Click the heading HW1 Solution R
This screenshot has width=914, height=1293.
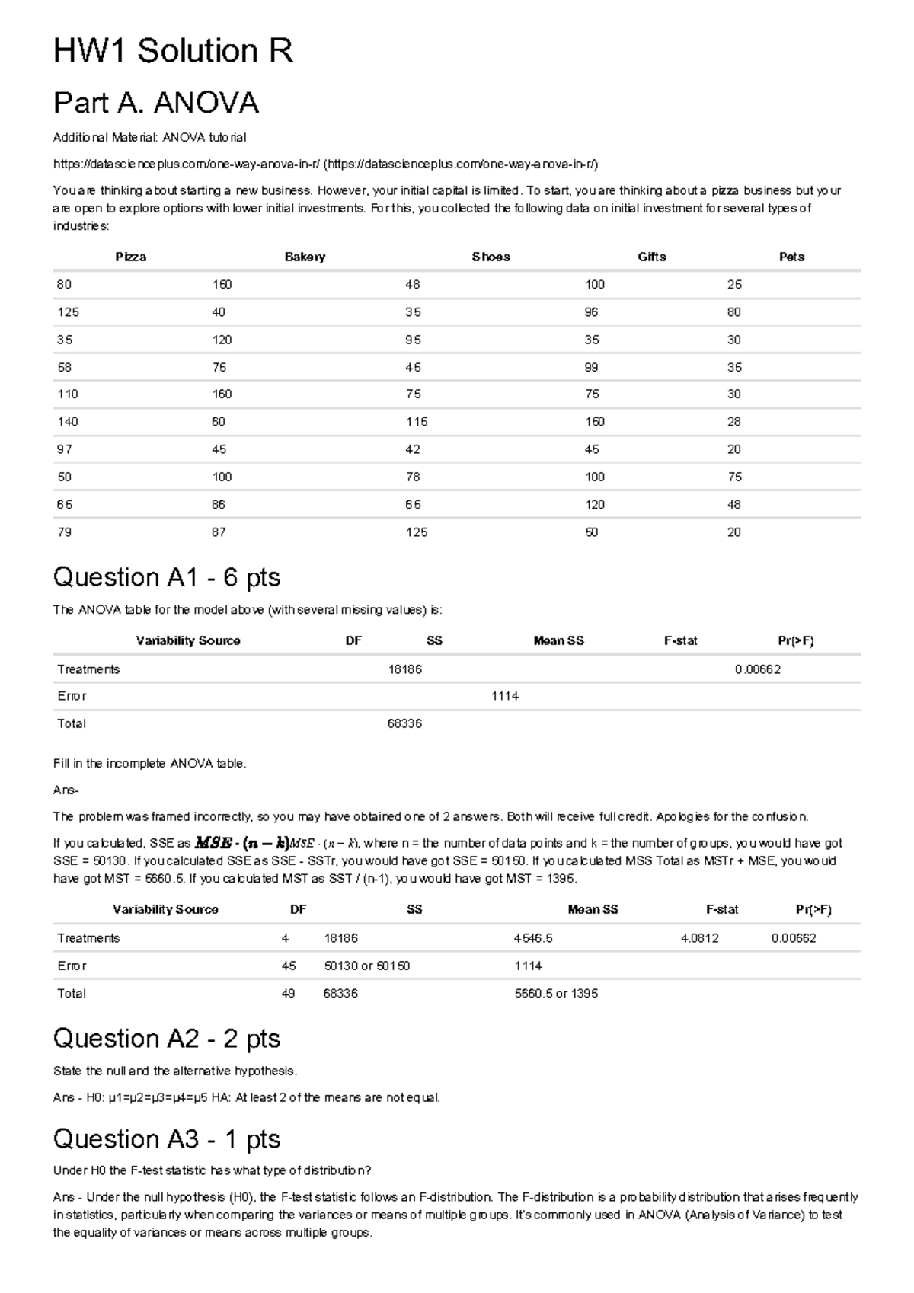173,52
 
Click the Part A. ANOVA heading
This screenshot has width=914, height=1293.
156,103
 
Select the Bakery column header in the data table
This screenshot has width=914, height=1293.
305,257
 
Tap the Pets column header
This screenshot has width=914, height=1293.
791,257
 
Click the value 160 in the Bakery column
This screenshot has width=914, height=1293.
222,394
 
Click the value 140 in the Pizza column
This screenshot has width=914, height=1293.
68,422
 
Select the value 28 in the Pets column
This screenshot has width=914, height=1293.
733,422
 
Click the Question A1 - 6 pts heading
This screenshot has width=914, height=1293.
166,578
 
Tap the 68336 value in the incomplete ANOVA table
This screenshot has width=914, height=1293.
404,723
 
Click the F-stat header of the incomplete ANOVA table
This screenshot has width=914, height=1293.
680,641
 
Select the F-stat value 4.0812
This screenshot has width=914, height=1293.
699,938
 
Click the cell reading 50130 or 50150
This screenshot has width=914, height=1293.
366,966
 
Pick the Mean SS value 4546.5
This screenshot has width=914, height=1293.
533,938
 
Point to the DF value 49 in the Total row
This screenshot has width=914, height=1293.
288,993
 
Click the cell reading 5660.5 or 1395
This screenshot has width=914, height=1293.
556,993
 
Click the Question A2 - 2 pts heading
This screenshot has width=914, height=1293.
166,1039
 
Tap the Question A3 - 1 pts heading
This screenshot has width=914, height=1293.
166,1139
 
